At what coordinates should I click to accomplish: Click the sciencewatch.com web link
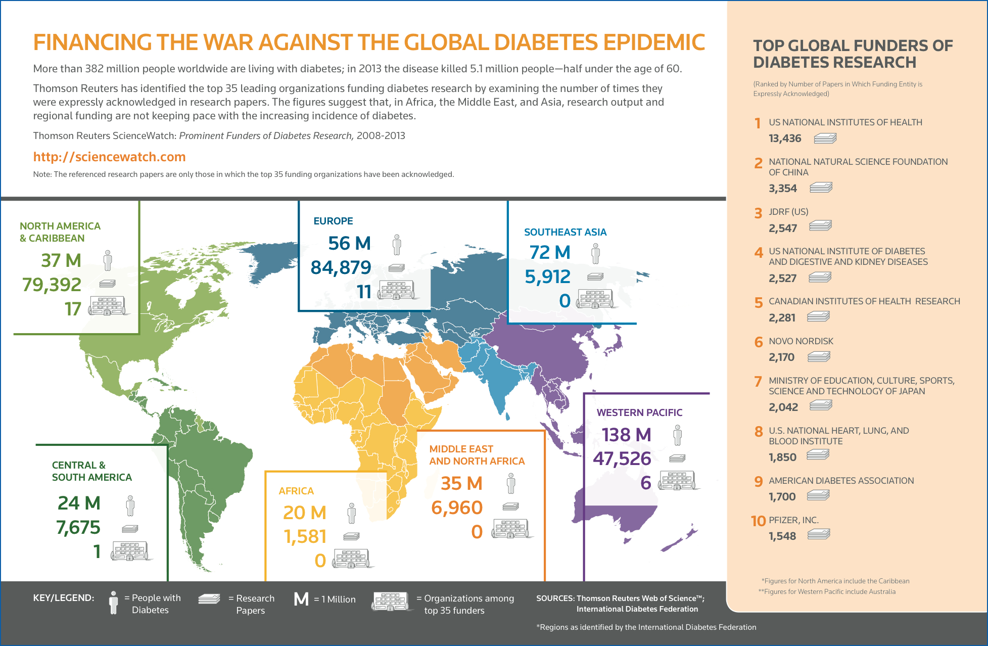pos(109,157)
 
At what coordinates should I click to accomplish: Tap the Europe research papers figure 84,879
pos(341,267)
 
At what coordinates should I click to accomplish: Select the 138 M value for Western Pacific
pos(626,435)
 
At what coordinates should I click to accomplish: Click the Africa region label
pos(296,491)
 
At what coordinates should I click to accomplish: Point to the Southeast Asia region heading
pos(565,232)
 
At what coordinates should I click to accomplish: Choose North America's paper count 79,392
pos(52,285)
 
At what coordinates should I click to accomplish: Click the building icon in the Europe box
pos(397,290)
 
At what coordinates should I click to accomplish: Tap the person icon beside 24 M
pos(130,505)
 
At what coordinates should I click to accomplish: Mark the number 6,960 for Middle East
pos(457,507)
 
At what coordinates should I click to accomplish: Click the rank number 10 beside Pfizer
pos(758,521)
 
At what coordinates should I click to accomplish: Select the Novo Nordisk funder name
pos(801,341)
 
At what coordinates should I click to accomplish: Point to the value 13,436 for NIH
pos(785,139)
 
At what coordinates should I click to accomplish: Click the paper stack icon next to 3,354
pos(821,188)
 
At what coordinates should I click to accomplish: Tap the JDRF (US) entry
pos(788,212)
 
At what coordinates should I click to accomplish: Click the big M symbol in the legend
pos(301,599)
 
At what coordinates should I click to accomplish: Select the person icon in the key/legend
pos(114,603)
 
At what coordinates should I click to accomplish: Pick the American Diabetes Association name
pos(841,481)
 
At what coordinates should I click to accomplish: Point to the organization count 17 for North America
pos(73,309)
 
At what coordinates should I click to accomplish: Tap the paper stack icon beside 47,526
pos(677,458)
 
